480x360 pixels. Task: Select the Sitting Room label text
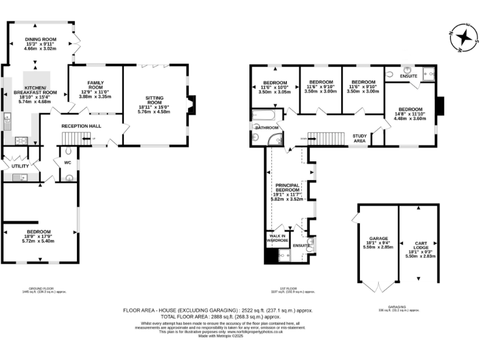154,100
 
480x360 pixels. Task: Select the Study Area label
359,138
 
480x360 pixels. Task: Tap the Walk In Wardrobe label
277,238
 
